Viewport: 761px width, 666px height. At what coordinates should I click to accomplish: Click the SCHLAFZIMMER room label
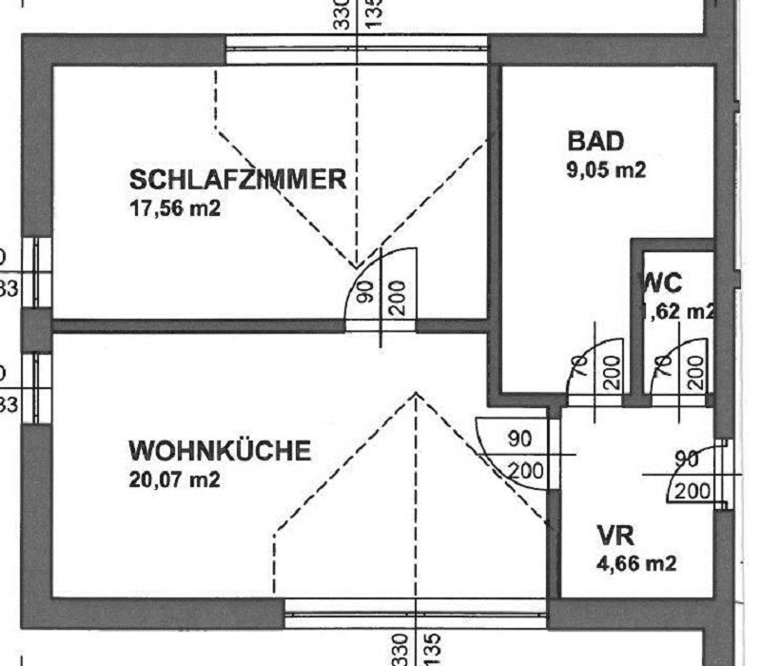238,179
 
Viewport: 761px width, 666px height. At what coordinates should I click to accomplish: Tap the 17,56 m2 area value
175,207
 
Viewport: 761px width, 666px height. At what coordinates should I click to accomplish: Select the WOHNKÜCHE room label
220,450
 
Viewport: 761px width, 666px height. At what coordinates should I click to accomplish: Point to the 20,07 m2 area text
175,480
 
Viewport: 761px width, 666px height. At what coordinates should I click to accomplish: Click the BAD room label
595,143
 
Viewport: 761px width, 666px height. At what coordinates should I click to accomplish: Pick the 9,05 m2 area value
606,171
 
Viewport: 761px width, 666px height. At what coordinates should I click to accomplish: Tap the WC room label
663,282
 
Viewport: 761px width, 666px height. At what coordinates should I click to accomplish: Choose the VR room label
615,534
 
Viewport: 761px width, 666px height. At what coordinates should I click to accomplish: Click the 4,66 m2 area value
636,563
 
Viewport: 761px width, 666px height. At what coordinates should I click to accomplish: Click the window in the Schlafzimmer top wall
358,49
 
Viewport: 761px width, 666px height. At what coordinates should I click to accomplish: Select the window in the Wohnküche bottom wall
416,613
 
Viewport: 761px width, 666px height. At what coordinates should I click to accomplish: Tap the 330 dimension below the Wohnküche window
400,649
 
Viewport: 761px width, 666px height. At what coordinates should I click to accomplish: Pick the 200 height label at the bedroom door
397,298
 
